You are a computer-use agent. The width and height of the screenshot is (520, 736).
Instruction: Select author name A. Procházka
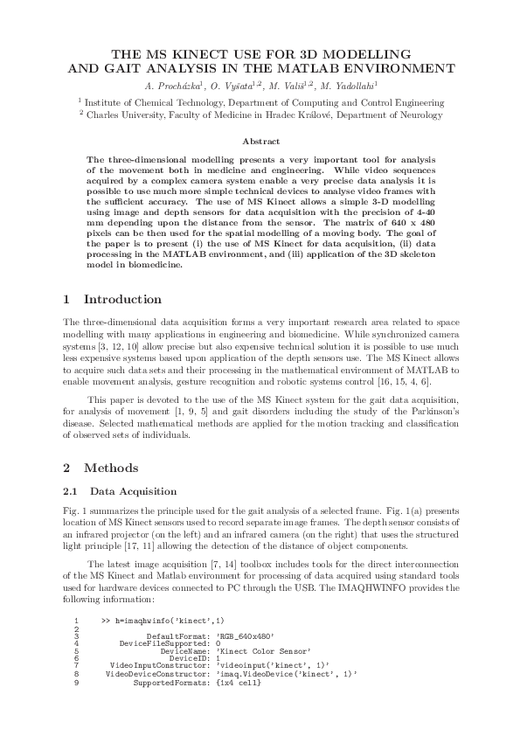[x=170, y=86]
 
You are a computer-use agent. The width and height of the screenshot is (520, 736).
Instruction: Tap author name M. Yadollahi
[x=349, y=86]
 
